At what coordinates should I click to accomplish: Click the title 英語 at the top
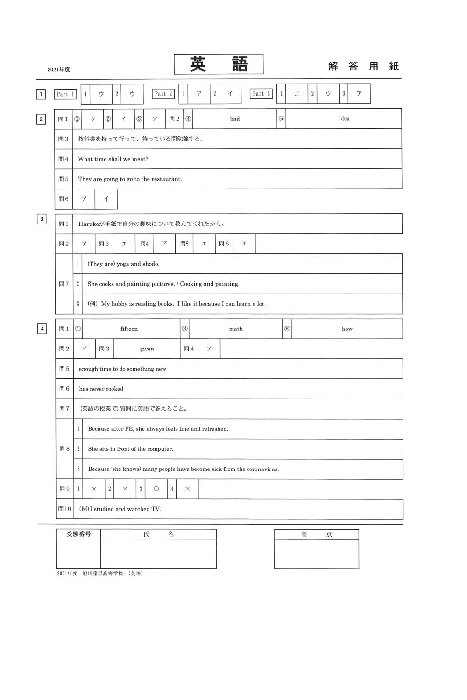(219, 64)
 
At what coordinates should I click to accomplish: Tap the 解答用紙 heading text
(363, 66)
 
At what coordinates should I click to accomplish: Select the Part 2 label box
(163, 94)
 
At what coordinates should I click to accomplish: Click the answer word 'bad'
(235, 119)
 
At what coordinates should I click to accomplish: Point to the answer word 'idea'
(344, 119)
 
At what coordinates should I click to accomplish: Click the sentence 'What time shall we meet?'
(113, 159)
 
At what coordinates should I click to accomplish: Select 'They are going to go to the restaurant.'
(130, 179)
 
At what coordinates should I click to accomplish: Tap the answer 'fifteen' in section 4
(129, 329)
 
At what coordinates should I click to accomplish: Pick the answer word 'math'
(236, 329)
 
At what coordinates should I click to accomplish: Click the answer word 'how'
(347, 329)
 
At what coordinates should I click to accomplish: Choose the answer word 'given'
(147, 349)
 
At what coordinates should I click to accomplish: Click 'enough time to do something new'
(122, 369)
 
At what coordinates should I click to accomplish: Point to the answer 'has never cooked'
(101, 389)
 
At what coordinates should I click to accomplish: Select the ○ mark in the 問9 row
(156, 489)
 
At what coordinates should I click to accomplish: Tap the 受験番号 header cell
(78, 534)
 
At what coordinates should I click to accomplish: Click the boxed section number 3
(42, 219)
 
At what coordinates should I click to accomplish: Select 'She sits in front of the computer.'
(130, 449)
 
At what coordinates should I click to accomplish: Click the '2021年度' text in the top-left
(58, 70)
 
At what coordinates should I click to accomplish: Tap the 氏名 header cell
(158, 534)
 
